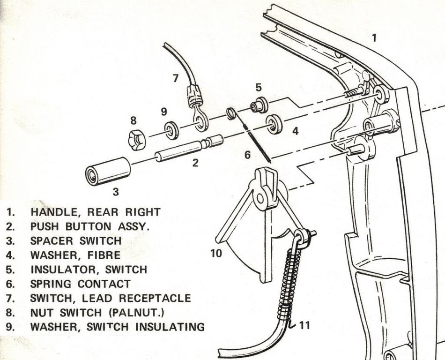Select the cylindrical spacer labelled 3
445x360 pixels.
pyautogui.click(x=108, y=171)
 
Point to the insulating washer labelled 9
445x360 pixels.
pyautogui.click(x=171, y=130)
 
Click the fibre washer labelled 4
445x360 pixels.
pyautogui.click(x=274, y=123)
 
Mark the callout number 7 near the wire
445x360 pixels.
pyautogui.click(x=176, y=78)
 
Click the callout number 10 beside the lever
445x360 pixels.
pyautogui.click(x=216, y=253)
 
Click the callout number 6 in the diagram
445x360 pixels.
pyautogui.click(x=247, y=154)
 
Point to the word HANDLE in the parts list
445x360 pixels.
pyautogui.click(x=52, y=212)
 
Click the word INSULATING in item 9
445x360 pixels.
pyautogui.click(x=170, y=327)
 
